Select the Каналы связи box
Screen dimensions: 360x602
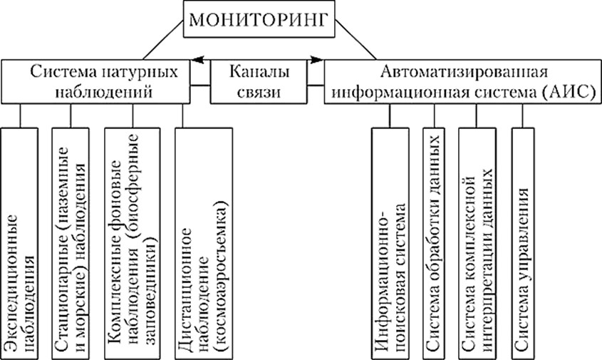(260, 82)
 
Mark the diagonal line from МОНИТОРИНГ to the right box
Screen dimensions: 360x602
(356, 40)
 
